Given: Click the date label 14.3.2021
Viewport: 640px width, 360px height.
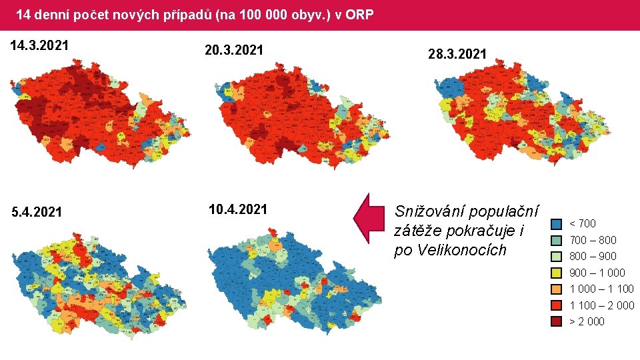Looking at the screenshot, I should pos(39,46).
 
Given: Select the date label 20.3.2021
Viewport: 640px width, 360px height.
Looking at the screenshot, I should pos(235,50).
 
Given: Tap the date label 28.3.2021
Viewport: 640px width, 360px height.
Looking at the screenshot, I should pos(457,54).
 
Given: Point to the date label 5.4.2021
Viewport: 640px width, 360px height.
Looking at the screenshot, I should pos(37,213).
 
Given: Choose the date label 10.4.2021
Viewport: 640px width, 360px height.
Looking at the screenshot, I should pos(238,209).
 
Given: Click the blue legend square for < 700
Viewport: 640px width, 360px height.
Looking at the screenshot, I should pos(557,224).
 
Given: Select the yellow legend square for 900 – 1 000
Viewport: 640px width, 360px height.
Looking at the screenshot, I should pos(557,273).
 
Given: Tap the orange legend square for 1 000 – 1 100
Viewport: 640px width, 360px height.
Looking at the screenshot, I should pos(557,289).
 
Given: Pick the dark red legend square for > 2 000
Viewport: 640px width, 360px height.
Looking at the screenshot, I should pos(557,322).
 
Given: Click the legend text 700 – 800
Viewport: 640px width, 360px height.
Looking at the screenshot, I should pos(593,240).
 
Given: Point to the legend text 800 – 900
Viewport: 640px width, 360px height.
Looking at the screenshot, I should pos(593,257).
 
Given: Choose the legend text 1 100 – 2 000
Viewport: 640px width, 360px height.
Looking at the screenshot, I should pos(601,305).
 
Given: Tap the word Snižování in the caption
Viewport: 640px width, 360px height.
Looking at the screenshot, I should pos(430,212).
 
